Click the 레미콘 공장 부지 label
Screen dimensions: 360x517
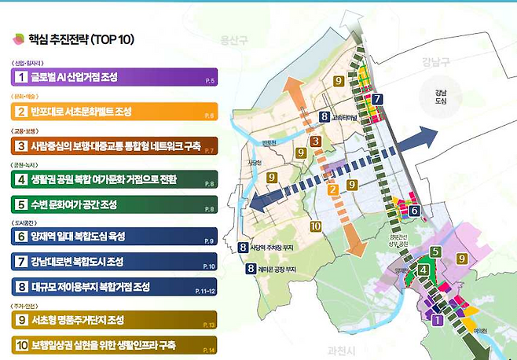tap(278, 269)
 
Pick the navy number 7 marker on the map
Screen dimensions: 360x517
tap(378, 100)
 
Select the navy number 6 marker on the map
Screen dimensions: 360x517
tap(414, 210)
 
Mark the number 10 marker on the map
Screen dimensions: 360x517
tap(315, 226)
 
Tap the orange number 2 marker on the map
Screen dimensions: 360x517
tap(332, 189)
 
